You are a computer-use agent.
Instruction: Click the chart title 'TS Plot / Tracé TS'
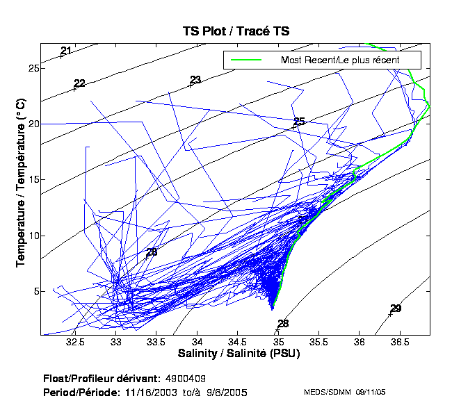click(x=236, y=31)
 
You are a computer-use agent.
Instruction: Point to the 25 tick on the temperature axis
click(x=32, y=68)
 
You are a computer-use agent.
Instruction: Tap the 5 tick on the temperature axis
click(x=35, y=290)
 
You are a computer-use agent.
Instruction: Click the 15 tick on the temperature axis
click(x=32, y=179)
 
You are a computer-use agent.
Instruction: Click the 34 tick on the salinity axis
click(x=197, y=342)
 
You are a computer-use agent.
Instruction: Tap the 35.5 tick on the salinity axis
click(x=319, y=342)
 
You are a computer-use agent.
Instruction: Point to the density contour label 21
click(x=66, y=51)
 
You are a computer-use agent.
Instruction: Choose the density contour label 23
click(x=195, y=80)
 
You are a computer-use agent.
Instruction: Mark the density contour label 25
click(x=300, y=122)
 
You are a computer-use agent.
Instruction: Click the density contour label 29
click(x=396, y=309)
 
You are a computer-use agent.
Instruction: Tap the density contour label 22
click(x=79, y=83)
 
